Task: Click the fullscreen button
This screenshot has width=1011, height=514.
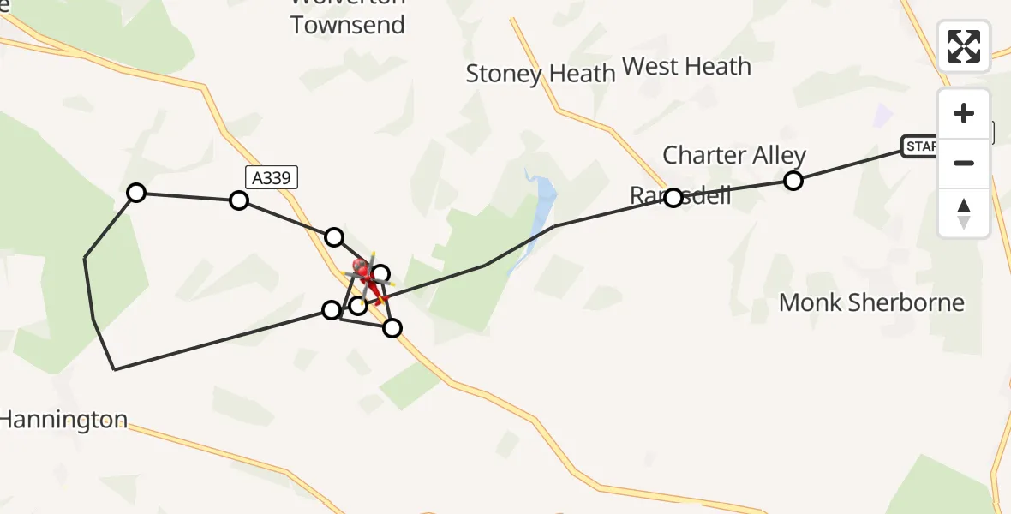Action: (964, 46)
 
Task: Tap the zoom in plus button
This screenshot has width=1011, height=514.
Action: (964, 113)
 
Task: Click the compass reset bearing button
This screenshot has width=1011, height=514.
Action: (964, 213)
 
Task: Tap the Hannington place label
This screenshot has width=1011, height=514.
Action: (63, 420)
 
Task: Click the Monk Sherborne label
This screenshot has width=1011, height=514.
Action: (871, 302)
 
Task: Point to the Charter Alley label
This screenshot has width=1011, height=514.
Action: (734, 155)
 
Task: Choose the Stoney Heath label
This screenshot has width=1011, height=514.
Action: (541, 74)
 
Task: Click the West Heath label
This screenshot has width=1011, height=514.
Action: (686, 66)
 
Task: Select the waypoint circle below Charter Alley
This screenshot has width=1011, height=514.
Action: (793, 181)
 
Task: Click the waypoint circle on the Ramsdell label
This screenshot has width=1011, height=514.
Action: (673, 198)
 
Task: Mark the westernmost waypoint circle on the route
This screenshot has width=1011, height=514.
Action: (136, 192)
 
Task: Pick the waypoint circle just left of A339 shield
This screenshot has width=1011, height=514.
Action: (239, 200)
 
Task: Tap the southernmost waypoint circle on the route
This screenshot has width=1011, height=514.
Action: (392, 327)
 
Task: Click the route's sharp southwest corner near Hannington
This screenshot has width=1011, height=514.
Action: (115, 369)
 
